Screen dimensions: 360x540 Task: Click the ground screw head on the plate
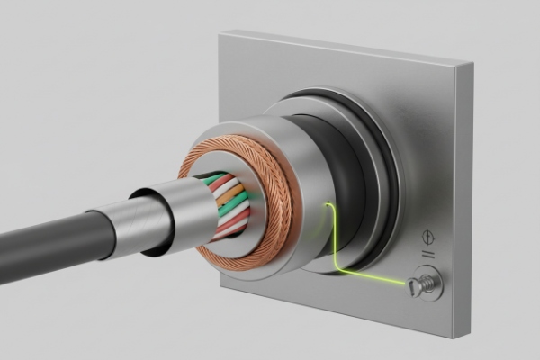click(416, 285)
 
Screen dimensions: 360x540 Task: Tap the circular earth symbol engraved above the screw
click(429, 238)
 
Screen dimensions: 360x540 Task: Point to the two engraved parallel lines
click(428, 256)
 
